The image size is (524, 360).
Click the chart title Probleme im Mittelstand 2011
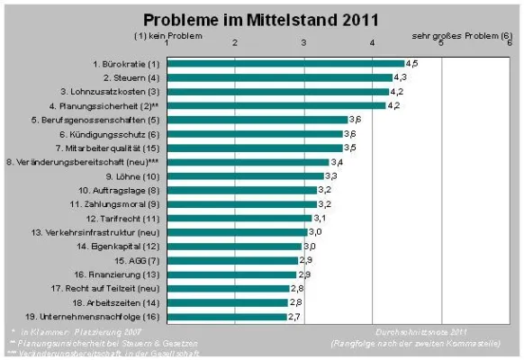click(262, 18)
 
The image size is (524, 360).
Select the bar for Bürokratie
click(285, 64)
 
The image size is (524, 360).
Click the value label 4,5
click(412, 64)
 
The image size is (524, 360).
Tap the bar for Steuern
click(278, 77)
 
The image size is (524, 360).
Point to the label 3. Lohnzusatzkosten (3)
click(110, 91)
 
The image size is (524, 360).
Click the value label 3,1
click(319, 218)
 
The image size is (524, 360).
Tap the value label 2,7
click(294, 317)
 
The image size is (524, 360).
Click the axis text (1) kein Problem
click(163, 35)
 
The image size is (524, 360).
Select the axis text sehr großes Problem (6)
click(458, 35)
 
